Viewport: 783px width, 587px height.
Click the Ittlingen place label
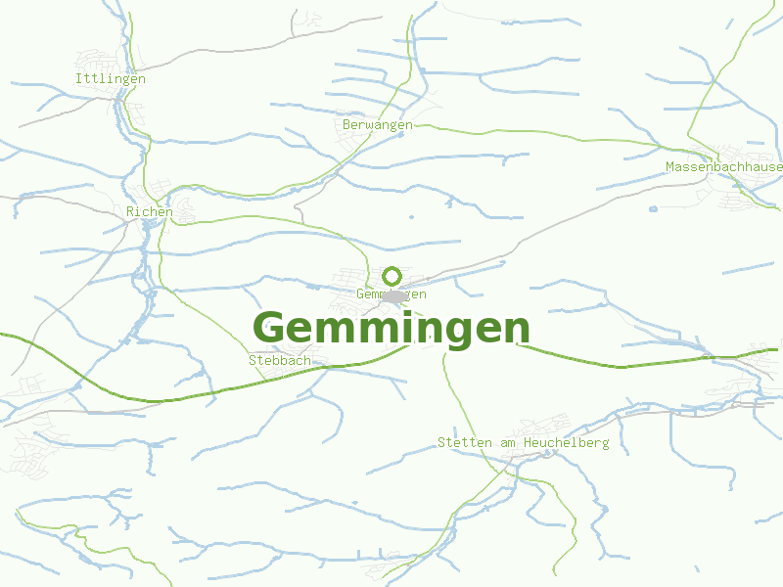click(111, 78)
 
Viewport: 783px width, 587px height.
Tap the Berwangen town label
click(378, 125)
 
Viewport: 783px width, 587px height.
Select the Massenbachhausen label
click(724, 167)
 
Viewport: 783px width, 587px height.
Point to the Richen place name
click(150, 211)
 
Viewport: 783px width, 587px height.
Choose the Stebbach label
click(280, 360)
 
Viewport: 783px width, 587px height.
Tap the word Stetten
click(465, 443)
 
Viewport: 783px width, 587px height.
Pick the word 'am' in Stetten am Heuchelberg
click(507, 443)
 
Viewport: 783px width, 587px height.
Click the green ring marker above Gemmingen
click(392, 276)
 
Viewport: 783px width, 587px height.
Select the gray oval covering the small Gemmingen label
click(394, 295)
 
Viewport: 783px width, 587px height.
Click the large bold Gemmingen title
click(391, 328)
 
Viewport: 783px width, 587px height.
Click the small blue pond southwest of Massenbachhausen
click(653, 208)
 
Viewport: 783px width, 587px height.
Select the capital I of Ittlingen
click(79, 78)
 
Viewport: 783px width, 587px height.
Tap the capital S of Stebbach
click(253, 360)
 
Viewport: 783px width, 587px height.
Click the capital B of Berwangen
click(347, 125)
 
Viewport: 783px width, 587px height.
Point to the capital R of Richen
click(130, 211)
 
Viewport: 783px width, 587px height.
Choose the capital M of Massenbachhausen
click(670, 167)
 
